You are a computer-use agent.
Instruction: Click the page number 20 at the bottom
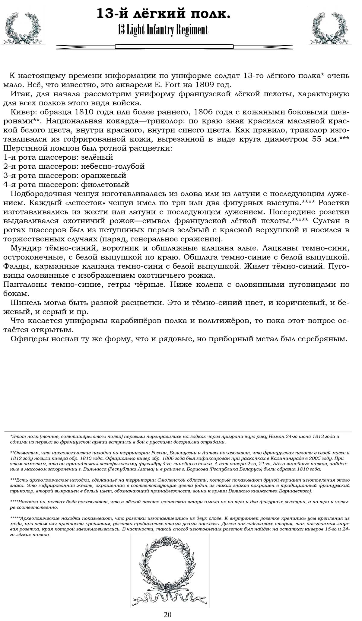pos(168,614)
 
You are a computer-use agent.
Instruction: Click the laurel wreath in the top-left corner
pos(23,27)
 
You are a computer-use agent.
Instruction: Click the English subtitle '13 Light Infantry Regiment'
pos(163,30)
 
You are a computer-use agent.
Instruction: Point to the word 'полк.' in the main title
pos(212,14)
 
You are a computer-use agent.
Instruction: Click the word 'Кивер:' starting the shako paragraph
pos(23,112)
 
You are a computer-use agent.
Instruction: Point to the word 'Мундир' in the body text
pos(24,248)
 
